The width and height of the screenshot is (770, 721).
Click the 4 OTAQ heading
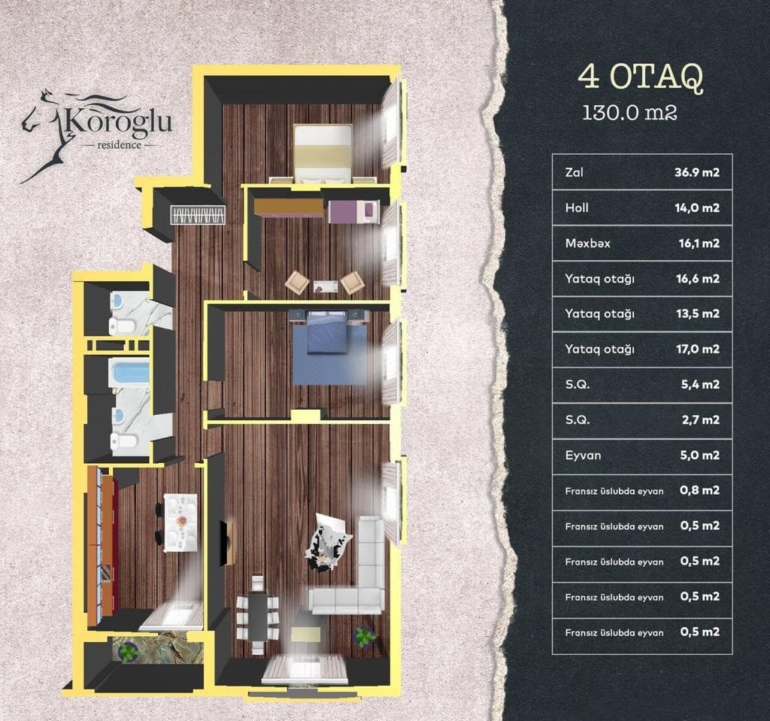[641, 77]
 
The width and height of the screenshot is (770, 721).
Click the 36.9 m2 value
[699, 172]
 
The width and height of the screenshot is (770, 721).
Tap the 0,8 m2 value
[699, 490]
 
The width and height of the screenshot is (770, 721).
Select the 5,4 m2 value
[700, 384]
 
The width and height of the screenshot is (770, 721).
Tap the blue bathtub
[129, 373]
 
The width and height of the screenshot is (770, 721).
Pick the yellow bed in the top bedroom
[323, 153]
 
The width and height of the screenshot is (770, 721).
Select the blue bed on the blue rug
[326, 331]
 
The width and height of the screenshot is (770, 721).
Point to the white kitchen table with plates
[181, 523]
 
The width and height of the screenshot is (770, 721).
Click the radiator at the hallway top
[198, 215]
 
